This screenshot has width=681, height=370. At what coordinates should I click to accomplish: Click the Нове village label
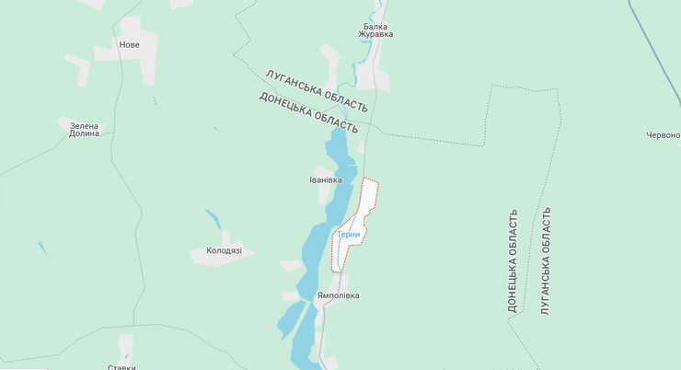130,44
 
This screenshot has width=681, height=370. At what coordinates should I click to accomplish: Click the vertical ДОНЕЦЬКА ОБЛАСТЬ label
514,260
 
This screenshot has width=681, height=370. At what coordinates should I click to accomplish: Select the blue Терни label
349,235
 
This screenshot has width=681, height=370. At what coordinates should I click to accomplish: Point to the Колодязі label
224,250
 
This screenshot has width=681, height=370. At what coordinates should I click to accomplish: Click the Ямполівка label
338,295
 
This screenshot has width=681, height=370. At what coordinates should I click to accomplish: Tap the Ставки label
121,366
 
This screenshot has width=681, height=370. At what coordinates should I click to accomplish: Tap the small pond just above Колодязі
213,219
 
